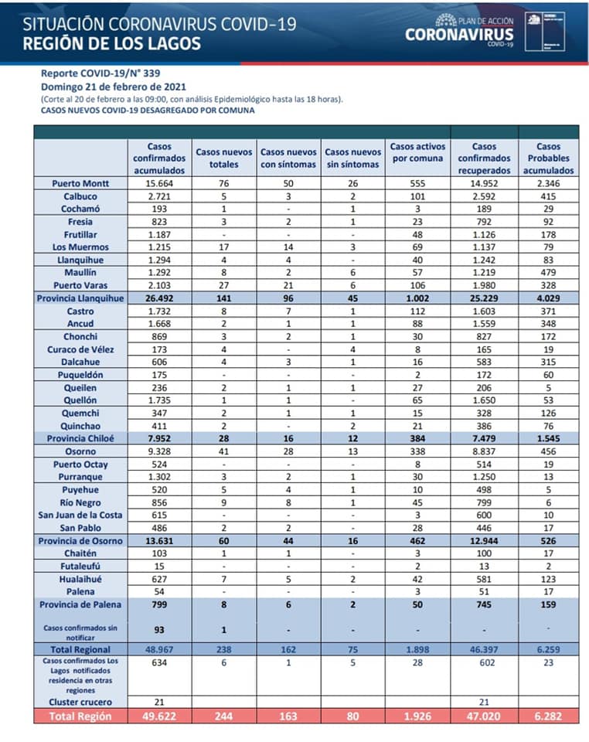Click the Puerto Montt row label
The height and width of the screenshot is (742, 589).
80,184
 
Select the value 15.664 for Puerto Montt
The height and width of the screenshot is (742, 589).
157,184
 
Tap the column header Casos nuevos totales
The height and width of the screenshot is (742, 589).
224,158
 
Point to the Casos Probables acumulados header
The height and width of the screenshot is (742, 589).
548,158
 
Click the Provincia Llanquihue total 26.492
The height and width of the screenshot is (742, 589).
157,298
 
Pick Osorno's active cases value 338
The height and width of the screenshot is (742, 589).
417,451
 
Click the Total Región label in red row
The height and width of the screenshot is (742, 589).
80,716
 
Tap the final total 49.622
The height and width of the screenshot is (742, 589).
157,716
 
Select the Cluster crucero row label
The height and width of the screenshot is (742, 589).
80,702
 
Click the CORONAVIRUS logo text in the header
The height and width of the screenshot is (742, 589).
459,34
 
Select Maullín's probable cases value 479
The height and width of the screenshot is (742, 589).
548,273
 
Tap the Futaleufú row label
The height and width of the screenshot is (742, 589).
80,565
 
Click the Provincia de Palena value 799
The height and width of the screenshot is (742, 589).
157,604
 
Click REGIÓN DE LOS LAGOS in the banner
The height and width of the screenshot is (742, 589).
112,43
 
